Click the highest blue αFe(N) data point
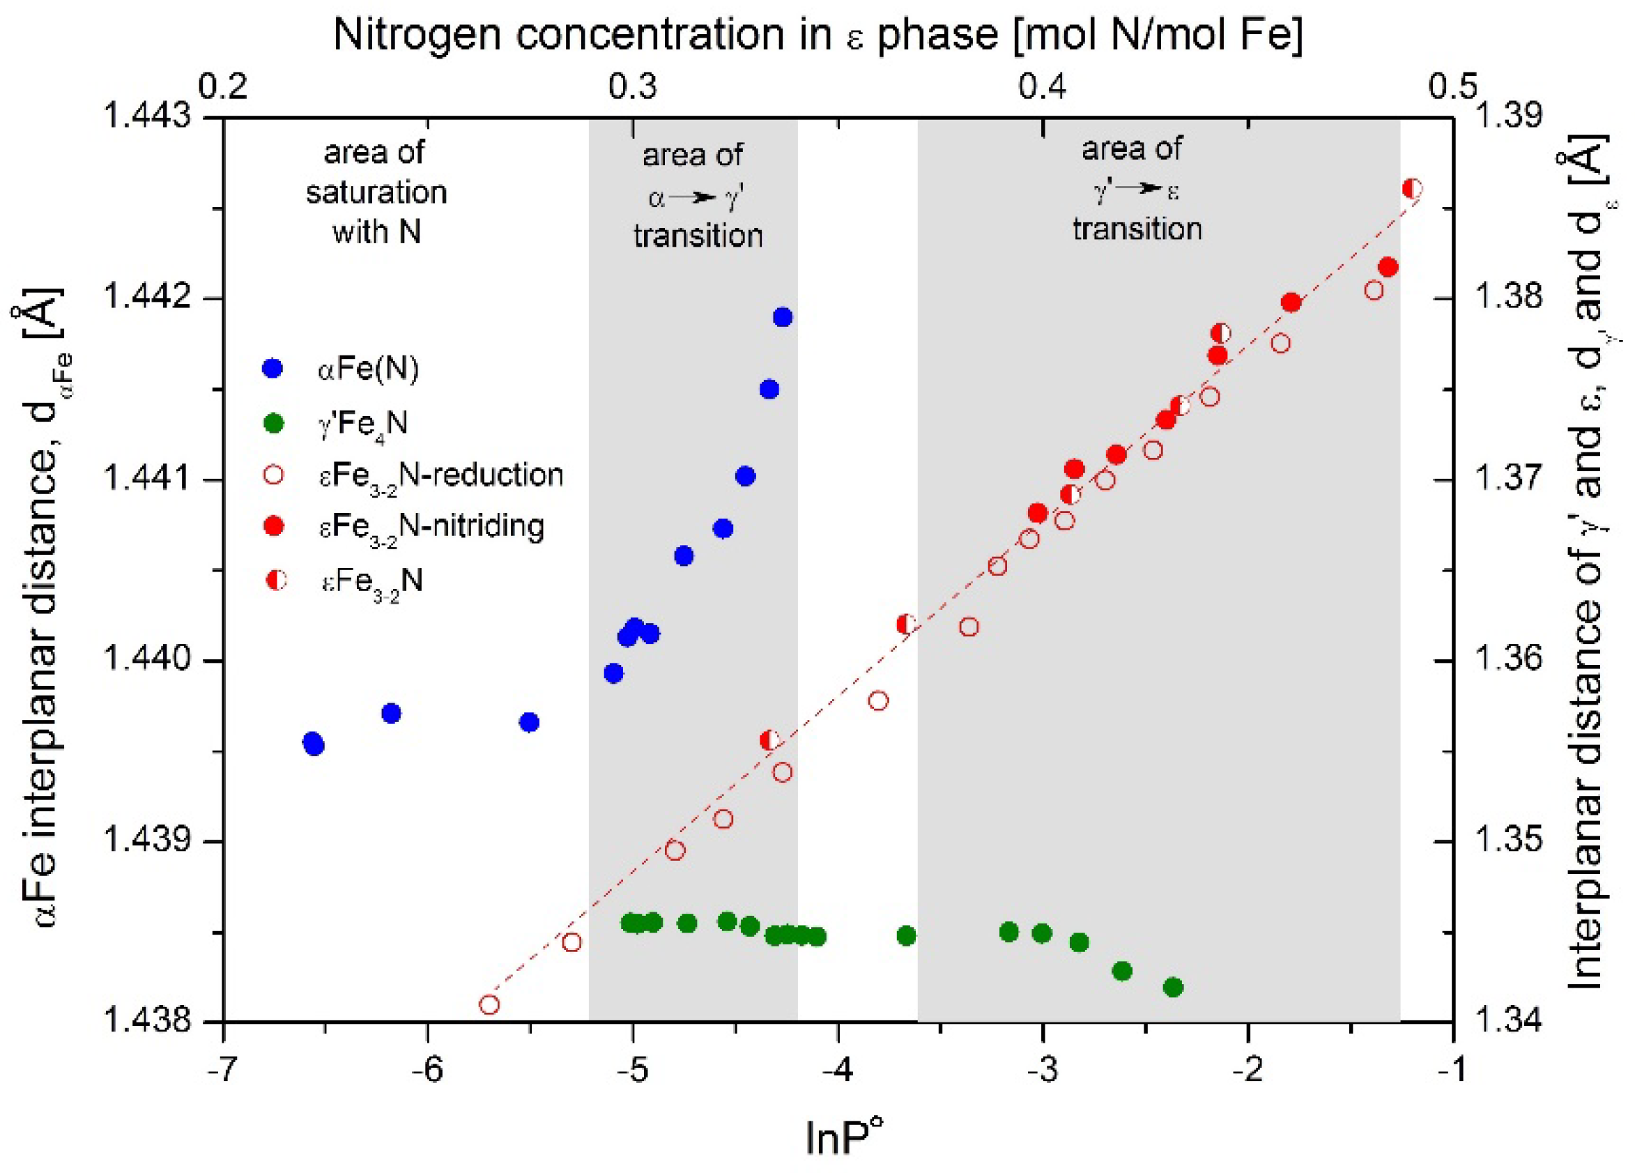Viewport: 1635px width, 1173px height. point(783,317)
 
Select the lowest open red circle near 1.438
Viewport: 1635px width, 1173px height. point(489,1005)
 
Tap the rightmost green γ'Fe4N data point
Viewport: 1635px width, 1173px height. point(1174,988)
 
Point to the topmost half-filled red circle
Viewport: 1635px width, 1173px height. point(1413,189)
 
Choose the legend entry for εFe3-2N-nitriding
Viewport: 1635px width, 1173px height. point(431,527)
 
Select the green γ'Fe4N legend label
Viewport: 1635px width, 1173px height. point(362,423)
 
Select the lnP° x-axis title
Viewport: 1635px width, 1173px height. point(844,1139)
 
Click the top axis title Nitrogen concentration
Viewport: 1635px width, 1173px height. point(817,35)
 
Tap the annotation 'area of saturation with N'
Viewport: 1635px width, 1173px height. point(376,192)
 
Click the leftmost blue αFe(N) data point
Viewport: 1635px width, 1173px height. point(312,742)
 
